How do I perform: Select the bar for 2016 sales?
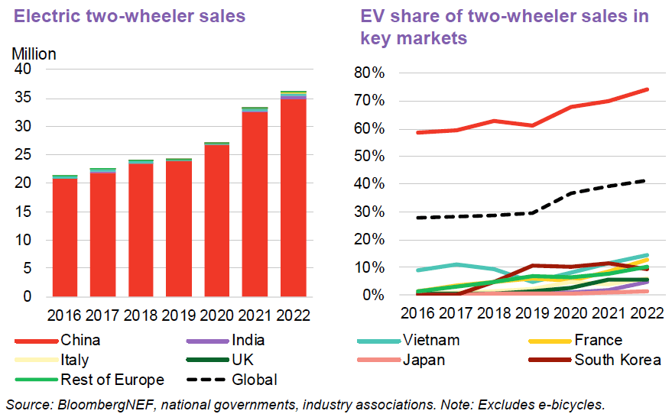click(64, 236)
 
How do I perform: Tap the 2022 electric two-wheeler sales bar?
click(293, 194)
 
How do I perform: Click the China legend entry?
click(81, 341)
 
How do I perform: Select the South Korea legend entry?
click(618, 360)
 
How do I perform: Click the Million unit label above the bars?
click(34, 53)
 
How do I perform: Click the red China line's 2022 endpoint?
click(648, 89)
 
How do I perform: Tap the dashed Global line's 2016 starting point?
click(417, 218)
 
